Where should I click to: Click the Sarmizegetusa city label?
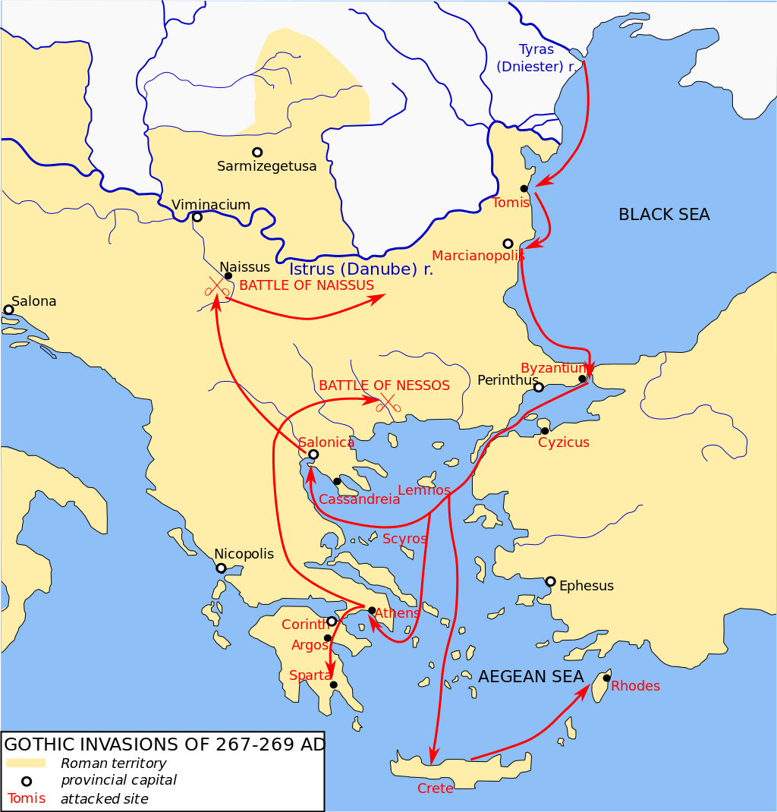point(266,166)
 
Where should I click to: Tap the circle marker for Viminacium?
point(197,217)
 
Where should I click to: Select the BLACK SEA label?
point(664,215)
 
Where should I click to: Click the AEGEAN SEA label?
point(530,676)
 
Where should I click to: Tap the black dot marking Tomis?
point(524,188)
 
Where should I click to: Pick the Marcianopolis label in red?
point(478,256)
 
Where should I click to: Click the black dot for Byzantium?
point(582,379)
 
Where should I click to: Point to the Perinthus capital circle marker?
point(539,388)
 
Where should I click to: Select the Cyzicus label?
point(563,442)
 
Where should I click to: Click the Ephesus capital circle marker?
point(550,581)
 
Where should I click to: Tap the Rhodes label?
point(635,686)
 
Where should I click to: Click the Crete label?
point(435,788)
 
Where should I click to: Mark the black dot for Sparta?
point(333,685)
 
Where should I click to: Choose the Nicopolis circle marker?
point(221,568)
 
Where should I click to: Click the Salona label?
point(34,301)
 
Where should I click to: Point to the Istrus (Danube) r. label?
point(361,269)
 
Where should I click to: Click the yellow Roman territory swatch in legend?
point(26,763)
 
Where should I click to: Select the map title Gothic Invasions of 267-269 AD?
point(164,744)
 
